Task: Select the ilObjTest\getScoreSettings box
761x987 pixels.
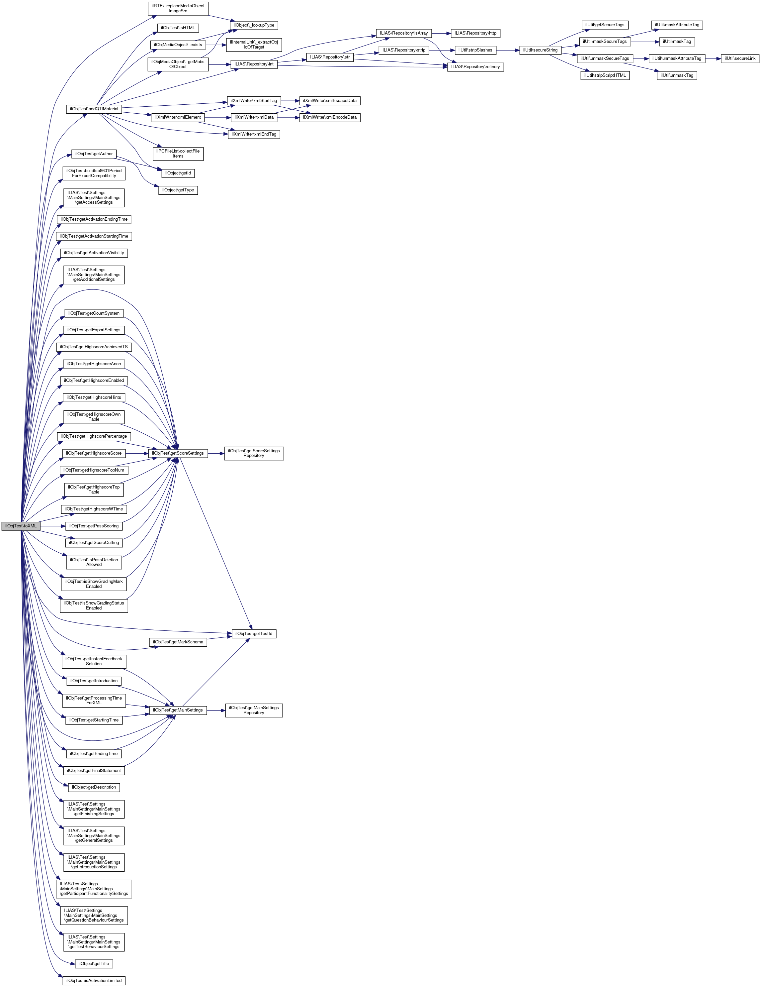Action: (178, 453)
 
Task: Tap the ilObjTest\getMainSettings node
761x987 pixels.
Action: (178, 711)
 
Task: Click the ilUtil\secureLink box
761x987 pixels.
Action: (740, 59)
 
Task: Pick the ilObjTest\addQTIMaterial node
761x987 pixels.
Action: (94, 109)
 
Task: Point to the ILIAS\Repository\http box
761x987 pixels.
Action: (475, 34)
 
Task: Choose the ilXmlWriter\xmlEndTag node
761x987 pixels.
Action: (254, 134)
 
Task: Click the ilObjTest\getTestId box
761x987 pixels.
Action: (254, 634)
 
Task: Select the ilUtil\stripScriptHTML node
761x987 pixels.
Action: (605, 75)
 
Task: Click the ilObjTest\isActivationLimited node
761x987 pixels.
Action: (94, 981)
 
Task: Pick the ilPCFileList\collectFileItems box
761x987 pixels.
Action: (178, 154)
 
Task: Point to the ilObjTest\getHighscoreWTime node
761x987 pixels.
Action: (94, 509)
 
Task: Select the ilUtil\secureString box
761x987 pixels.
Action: (540, 50)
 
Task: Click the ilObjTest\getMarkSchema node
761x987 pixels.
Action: (178, 642)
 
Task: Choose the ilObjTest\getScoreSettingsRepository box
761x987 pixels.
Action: (254, 453)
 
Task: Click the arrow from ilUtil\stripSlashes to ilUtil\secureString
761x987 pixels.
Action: (508, 50)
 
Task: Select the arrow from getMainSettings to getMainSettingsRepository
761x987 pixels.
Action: (216, 711)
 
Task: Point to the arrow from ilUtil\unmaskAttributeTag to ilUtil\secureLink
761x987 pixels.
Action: (713, 59)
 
